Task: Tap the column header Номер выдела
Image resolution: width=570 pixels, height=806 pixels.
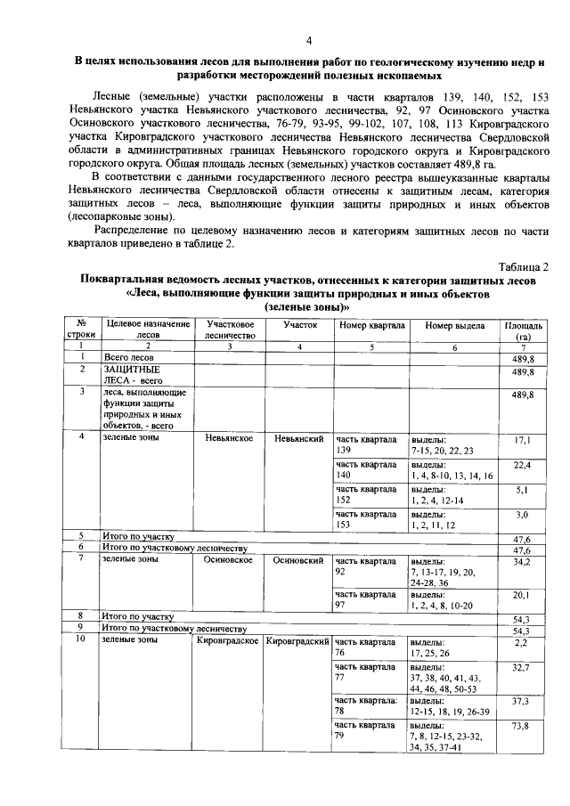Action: point(452,326)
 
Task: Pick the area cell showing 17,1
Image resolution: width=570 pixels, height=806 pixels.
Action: point(523,440)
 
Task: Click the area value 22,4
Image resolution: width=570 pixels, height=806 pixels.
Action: point(523,465)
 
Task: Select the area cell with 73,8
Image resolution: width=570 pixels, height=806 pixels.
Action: point(523,726)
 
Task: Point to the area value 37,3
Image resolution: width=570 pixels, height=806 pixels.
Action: point(523,701)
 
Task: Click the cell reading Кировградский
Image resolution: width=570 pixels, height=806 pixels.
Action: point(297,641)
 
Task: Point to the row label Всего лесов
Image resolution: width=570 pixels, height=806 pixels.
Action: point(129,357)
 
